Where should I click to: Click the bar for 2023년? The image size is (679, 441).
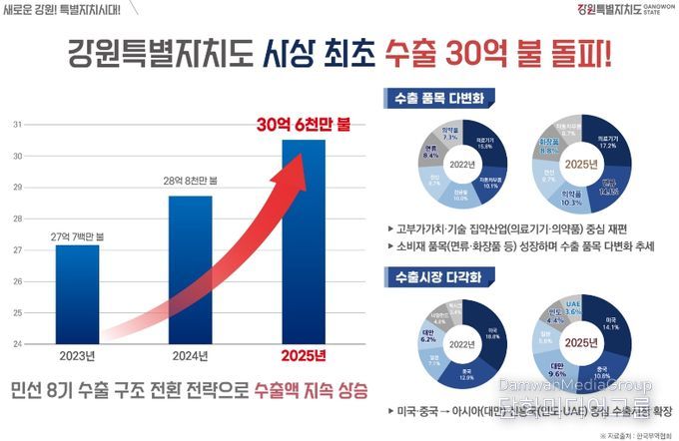click(x=77, y=295)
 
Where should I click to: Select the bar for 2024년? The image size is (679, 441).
click(x=190, y=269)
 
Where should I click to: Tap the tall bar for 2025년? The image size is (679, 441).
click(x=303, y=244)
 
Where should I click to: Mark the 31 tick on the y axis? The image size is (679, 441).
click(x=17, y=125)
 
